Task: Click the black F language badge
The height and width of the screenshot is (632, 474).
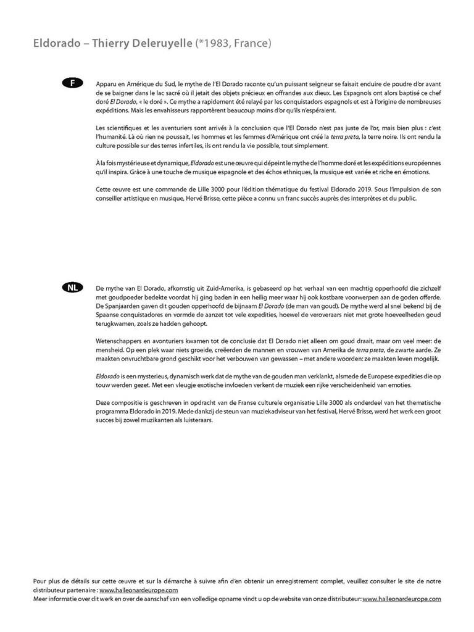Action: (72, 83)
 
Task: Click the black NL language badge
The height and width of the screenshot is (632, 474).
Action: (72, 288)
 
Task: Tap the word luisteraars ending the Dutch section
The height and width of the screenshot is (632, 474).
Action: (194, 421)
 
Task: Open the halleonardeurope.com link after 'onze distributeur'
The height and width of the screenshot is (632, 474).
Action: (402, 599)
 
